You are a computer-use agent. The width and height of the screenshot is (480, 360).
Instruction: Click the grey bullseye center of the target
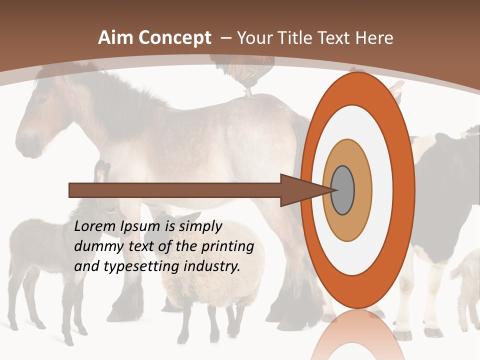[x=343, y=190]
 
